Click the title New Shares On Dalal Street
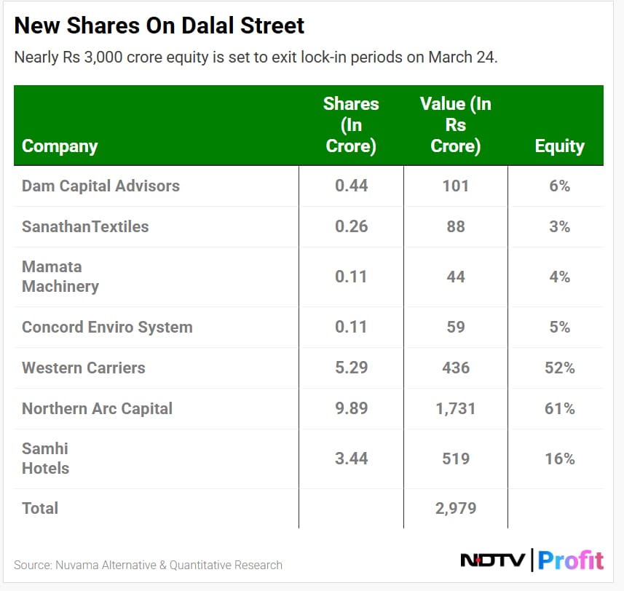click(159, 26)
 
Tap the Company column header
click(60, 146)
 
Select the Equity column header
click(559, 146)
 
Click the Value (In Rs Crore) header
click(455, 124)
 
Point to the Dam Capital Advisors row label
click(100, 186)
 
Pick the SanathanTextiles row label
click(85, 226)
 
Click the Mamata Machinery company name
click(60, 277)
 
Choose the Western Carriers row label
click(83, 368)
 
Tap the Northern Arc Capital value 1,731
click(456, 408)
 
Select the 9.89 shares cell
click(351, 408)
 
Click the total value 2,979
click(456, 508)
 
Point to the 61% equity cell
click(559, 408)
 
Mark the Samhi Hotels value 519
click(456, 459)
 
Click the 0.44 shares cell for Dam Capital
click(351, 186)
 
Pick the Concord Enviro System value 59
click(456, 327)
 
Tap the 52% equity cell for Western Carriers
click(559, 368)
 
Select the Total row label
click(40, 508)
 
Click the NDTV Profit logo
click(532, 560)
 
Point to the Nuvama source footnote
click(148, 565)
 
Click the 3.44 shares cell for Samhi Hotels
click(351, 459)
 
